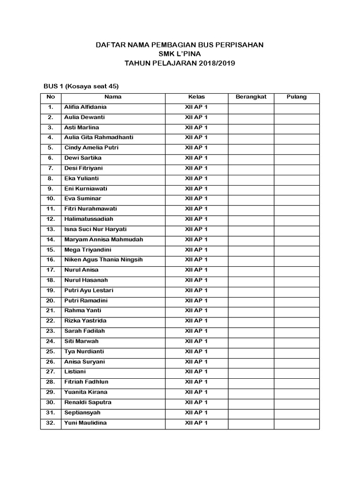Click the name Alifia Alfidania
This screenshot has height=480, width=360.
85,107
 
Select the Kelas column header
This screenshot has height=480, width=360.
196,97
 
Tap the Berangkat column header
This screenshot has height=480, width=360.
251,97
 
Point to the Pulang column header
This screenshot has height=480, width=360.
296,97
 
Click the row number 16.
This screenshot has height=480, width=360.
51,260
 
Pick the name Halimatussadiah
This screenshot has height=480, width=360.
89,219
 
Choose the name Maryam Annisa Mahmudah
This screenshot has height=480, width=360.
104,240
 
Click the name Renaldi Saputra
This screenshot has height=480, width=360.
88,402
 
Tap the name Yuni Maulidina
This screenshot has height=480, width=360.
85,423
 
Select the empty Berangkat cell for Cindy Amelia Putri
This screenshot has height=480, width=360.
251,148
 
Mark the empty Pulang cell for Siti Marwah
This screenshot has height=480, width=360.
296,341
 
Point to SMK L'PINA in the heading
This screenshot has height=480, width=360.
180,53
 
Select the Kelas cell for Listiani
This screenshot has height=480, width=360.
196,372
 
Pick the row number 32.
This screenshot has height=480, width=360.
51,423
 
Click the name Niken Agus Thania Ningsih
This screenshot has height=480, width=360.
103,260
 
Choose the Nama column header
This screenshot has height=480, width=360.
113,97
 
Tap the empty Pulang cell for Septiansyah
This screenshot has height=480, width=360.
296,412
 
